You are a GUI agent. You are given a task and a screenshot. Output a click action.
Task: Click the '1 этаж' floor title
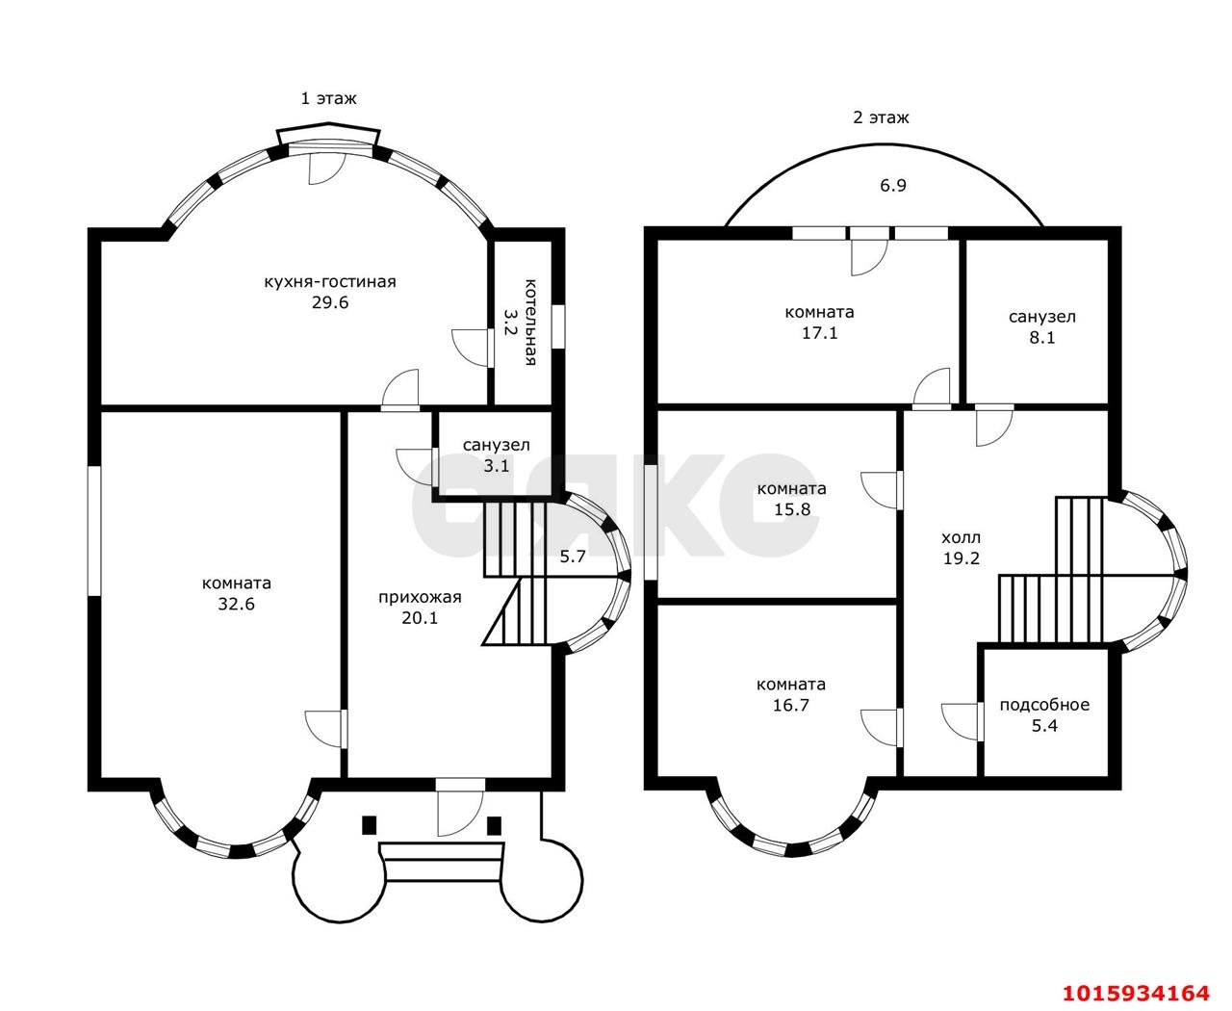(x=328, y=98)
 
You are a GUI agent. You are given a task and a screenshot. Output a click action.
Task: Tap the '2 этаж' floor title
(x=881, y=117)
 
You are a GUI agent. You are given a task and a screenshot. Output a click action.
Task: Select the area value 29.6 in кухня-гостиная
(x=329, y=302)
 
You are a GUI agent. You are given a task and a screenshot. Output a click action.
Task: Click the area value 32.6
(x=237, y=604)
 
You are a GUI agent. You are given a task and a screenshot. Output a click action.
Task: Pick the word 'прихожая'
(x=420, y=597)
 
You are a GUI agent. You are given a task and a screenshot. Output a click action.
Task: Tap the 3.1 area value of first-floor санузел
(x=497, y=466)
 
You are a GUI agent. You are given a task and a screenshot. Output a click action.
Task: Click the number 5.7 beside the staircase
(x=573, y=557)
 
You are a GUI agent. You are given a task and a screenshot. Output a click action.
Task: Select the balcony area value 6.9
(x=893, y=185)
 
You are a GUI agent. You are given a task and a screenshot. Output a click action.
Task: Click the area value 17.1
(x=820, y=332)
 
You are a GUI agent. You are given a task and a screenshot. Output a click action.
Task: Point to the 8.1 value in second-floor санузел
(x=1042, y=337)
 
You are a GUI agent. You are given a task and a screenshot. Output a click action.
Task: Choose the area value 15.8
(x=792, y=509)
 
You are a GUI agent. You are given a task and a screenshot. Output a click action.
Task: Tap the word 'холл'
(x=961, y=537)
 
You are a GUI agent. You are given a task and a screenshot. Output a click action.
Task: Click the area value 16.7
(x=791, y=705)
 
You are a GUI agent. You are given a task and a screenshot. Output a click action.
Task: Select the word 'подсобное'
(x=1044, y=705)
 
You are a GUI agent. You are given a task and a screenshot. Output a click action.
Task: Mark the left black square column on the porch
(x=369, y=825)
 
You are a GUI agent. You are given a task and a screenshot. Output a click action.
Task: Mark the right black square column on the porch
(x=494, y=825)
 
